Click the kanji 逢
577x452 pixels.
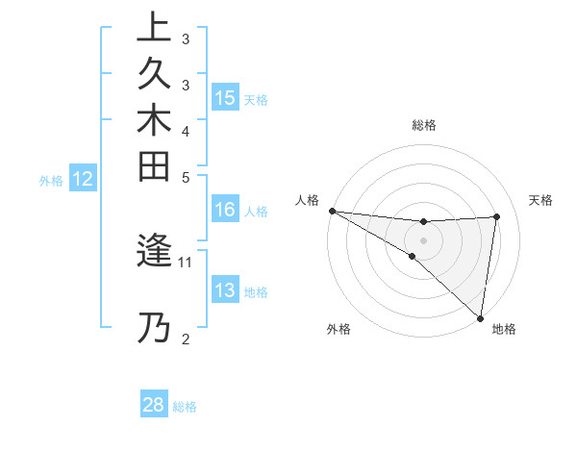(x=154, y=251)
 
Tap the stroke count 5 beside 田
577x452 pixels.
(x=186, y=177)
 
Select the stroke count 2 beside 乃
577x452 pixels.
(x=186, y=339)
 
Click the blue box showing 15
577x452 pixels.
(x=225, y=98)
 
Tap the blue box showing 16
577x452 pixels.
(x=225, y=210)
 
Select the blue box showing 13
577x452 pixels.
(x=225, y=290)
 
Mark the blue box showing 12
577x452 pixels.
(x=84, y=178)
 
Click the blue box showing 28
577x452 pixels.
(x=154, y=405)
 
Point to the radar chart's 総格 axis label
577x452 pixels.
(x=424, y=125)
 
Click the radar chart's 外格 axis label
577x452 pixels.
(x=339, y=329)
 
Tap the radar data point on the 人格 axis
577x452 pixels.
(x=332, y=210)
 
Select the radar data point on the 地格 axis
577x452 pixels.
(x=480, y=317)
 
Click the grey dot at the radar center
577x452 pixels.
(x=424, y=239)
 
